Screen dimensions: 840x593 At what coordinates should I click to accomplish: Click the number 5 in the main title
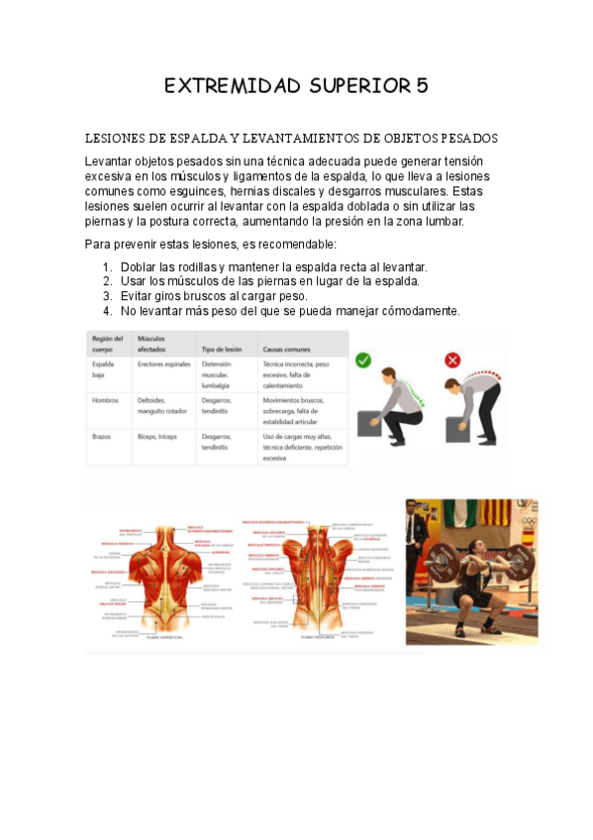pos(422,86)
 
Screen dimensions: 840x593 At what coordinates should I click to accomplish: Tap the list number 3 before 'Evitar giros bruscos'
pos(107,296)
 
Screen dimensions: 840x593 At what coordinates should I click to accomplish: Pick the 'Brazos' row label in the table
pos(101,437)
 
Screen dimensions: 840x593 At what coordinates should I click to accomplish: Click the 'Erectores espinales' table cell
pos(163,365)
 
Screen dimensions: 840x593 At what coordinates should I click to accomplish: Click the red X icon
pos(452,361)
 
